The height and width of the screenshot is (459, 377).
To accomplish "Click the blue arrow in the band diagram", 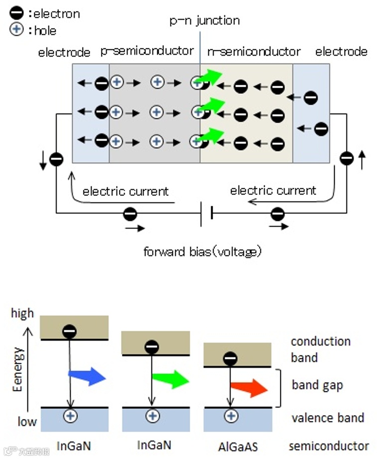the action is (87, 376).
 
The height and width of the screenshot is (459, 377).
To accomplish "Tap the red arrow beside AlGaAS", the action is (249, 388).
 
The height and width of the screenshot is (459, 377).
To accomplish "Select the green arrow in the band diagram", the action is (171, 379).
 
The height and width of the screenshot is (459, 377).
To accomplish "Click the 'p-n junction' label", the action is (205, 20).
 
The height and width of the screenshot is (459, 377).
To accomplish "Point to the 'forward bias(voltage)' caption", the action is (202, 252).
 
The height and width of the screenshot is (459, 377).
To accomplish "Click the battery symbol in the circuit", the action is (207, 214).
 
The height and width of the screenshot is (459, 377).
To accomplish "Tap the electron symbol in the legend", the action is (16, 13).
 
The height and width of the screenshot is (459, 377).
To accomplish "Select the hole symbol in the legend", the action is (16, 29).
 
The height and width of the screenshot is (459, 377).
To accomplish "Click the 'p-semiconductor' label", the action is (147, 51).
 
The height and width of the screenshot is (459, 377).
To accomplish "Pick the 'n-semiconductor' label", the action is (254, 51).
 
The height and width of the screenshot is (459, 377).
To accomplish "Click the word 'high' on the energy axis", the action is (22, 313).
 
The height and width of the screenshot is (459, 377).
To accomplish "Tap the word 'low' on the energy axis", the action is (27, 422).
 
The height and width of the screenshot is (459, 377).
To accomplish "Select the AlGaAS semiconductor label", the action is (238, 447).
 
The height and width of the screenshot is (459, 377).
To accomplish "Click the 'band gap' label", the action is (317, 386).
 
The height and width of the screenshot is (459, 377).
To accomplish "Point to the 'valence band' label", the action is (328, 418).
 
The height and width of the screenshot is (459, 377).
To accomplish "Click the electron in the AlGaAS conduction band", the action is (230, 358).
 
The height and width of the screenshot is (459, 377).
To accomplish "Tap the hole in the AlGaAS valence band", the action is (232, 416).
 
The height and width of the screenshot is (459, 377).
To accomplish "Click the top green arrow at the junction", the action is (210, 77).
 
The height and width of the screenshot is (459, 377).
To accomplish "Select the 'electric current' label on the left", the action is (126, 191).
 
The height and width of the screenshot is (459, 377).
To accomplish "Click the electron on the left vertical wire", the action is (56, 159).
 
